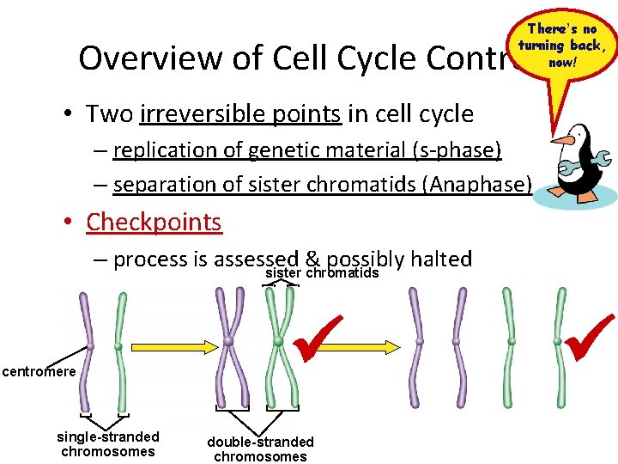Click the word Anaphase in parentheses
[487, 185]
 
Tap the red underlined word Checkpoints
[154, 222]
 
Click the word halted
[440, 259]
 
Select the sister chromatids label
[322, 273]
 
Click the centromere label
[39, 372]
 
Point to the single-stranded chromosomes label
[108, 443]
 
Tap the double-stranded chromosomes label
[260, 449]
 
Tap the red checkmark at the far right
[590, 337]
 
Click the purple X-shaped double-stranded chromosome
[229, 344]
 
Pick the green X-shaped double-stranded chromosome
[278, 344]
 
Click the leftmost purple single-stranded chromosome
[88, 348]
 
